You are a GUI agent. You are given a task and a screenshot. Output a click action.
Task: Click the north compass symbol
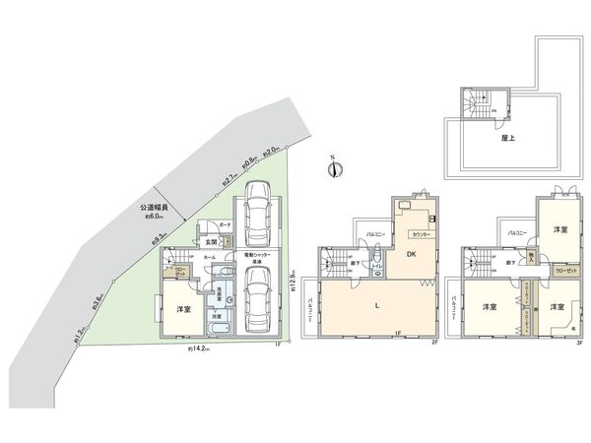334,167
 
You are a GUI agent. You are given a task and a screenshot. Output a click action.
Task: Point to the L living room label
379,307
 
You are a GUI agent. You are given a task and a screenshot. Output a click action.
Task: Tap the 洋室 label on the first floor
183,310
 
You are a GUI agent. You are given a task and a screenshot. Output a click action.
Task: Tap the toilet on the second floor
378,262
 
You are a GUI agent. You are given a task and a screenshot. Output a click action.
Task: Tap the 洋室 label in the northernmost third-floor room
558,229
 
